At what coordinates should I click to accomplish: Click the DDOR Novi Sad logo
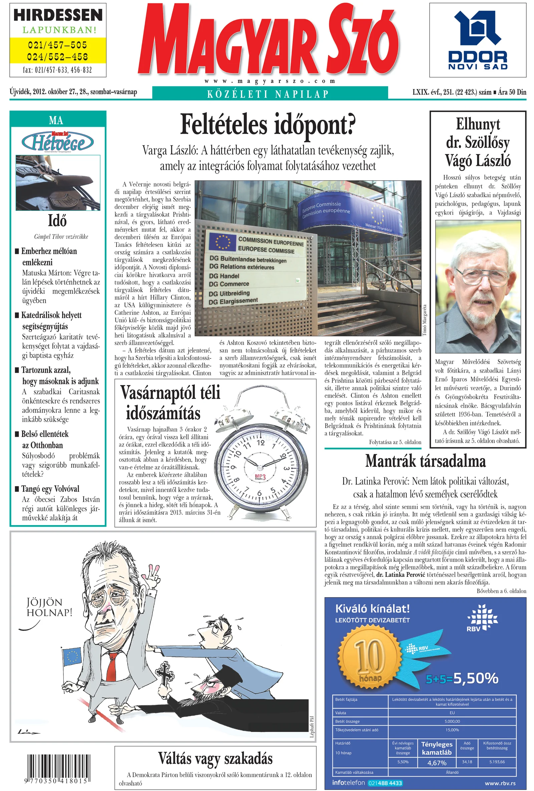(478, 40)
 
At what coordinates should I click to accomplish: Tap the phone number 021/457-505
(57, 45)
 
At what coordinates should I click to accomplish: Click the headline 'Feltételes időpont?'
(268, 125)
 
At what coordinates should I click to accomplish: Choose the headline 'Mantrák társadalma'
(425, 461)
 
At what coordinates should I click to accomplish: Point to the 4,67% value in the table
(437, 763)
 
